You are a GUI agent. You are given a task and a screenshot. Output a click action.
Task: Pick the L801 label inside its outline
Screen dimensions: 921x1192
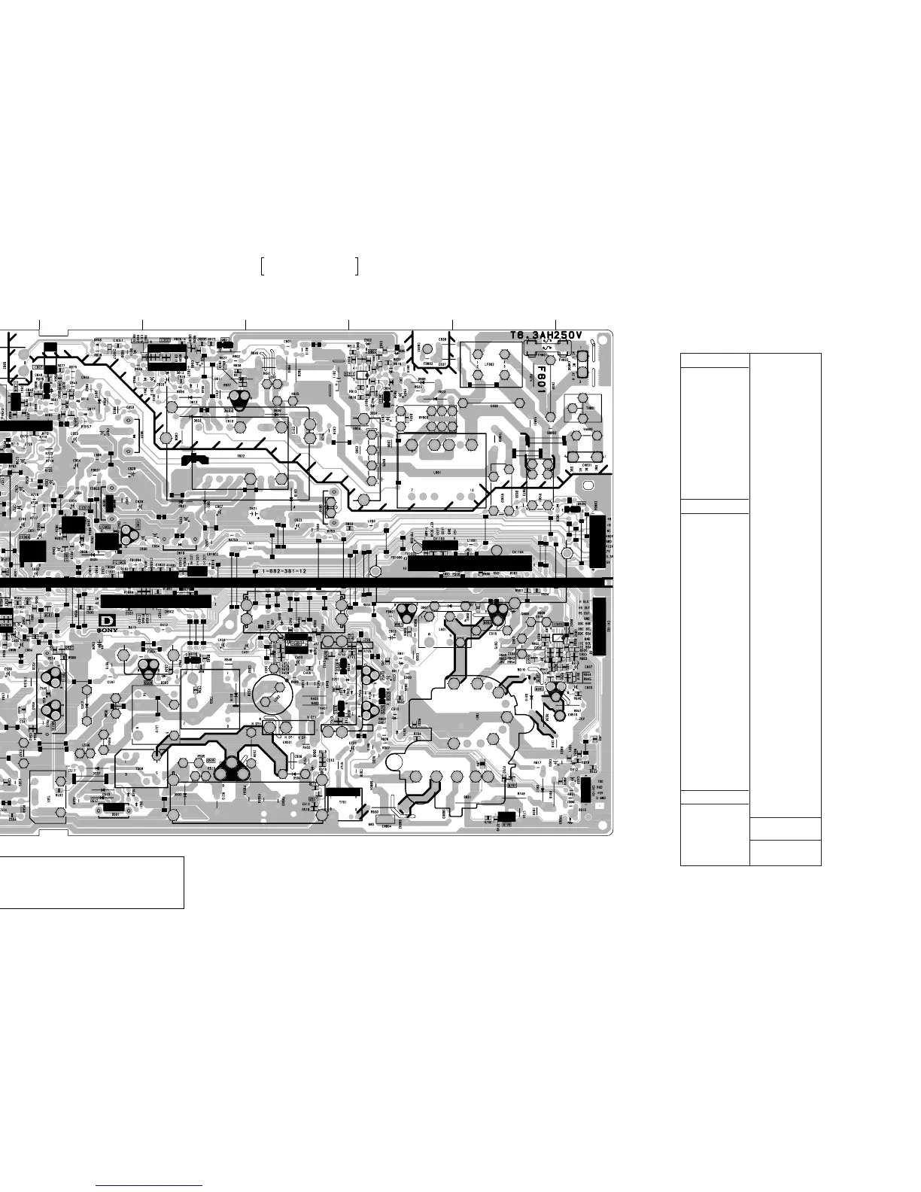point(437,473)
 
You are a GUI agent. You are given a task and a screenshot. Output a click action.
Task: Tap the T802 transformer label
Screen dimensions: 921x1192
point(241,456)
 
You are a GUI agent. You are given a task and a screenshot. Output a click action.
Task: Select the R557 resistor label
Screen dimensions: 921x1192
point(87,426)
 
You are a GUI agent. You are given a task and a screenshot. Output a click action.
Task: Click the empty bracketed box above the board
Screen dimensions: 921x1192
point(309,266)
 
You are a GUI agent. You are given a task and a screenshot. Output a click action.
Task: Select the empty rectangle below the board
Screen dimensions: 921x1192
point(92,882)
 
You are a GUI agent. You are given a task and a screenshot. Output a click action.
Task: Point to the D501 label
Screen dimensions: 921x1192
point(116,813)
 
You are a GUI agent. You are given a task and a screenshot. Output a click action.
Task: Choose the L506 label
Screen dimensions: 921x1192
point(87,746)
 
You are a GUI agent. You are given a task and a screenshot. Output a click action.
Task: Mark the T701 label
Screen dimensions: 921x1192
point(342,803)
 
